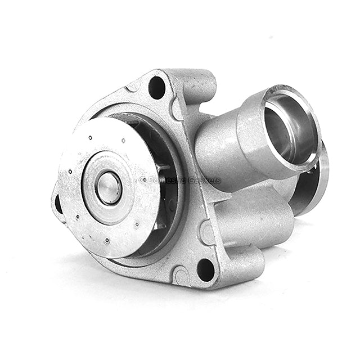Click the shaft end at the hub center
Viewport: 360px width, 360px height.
click(x=108, y=187)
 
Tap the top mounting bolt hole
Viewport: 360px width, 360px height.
click(x=157, y=88)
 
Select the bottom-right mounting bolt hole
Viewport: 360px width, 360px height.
click(x=205, y=269)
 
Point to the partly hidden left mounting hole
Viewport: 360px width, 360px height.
click(x=58, y=204)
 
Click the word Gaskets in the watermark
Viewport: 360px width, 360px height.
click(x=205, y=181)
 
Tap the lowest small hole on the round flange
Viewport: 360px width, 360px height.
click(x=106, y=240)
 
